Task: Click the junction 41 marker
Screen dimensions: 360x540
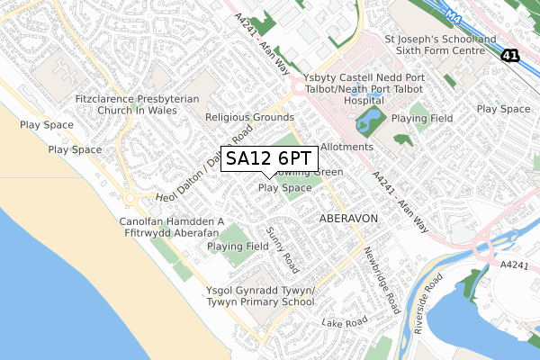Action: tap(511, 56)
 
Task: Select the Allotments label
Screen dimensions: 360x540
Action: tap(346, 147)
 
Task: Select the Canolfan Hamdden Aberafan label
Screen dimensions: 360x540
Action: tap(171, 227)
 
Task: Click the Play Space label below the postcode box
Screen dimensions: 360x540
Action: tap(285, 188)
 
